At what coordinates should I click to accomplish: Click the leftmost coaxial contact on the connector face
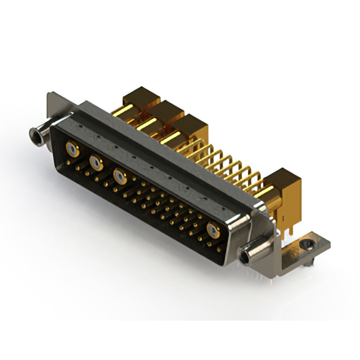[x=72, y=150]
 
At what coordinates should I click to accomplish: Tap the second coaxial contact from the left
[x=96, y=163]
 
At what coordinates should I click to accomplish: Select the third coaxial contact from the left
[x=119, y=176]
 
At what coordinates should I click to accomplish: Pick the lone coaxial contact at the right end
[x=214, y=229]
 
